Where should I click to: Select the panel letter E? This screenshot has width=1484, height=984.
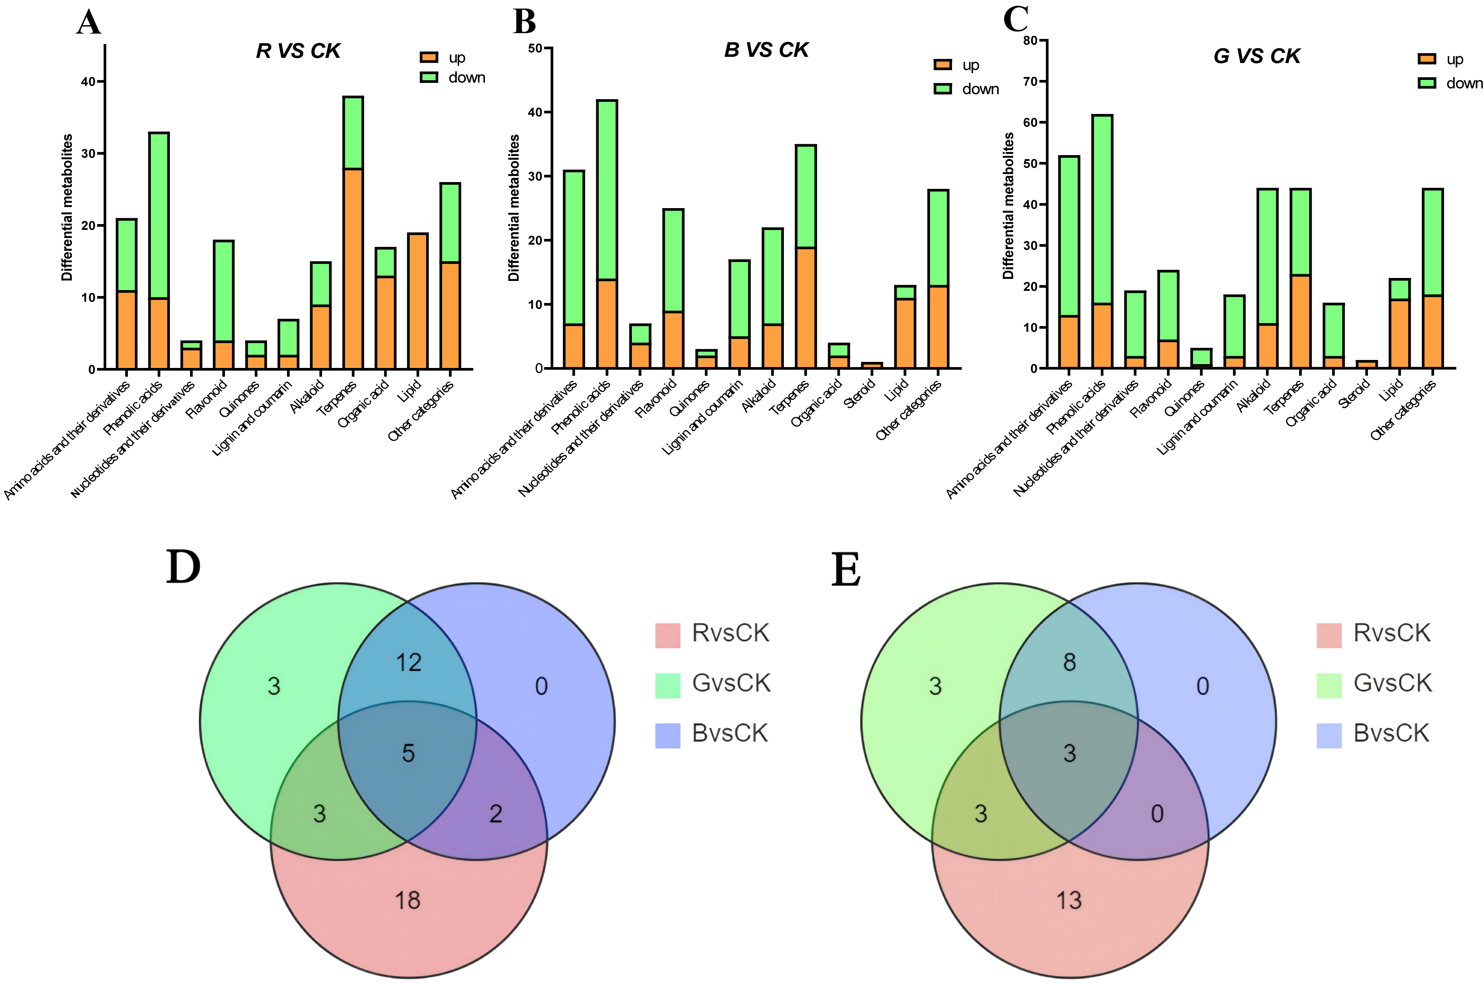(846, 570)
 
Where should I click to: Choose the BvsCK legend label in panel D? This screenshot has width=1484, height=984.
(730, 733)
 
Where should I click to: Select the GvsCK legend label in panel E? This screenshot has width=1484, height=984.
(1393, 683)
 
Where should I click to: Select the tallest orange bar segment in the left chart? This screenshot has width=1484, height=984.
(353, 268)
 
